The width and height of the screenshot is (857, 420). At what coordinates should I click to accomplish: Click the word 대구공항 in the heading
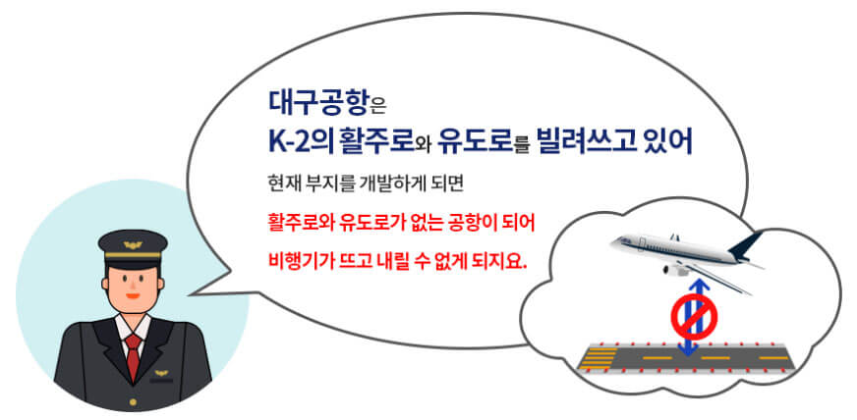pyautogui.click(x=311, y=101)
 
